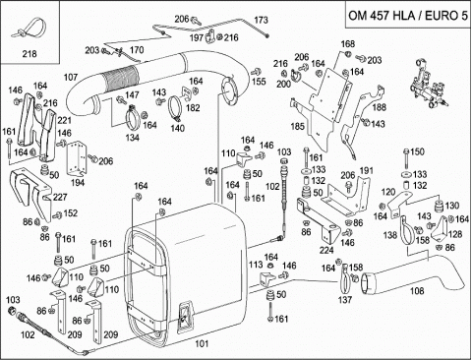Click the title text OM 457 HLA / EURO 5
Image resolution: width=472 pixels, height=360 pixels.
click(x=408, y=16)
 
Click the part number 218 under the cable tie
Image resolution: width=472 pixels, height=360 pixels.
click(x=29, y=54)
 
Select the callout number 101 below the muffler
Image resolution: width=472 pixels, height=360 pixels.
click(x=202, y=343)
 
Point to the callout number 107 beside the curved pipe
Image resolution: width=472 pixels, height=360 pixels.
click(x=71, y=78)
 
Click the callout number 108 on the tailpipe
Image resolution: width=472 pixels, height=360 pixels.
click(x=417, y=291)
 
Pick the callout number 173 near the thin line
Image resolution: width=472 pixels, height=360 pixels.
click(x=261, y=21)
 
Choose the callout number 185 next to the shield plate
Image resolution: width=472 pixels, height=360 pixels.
click(x=298, y=126)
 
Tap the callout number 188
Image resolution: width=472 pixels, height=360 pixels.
click(x=380, y=107)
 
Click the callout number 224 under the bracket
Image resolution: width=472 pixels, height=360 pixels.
click(x=326, y=250)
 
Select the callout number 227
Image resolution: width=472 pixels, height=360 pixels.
click(x=60, y=197)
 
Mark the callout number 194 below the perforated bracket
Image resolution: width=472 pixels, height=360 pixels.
click(x=78, y=183)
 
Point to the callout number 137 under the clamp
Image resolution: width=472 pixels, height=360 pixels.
click(x=345, y=299)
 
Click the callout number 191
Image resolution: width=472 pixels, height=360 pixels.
click(x=366, y=171)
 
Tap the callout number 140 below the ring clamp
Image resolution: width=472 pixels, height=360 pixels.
click(x=177, y=128)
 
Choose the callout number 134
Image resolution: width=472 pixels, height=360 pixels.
click(x=132, y=138)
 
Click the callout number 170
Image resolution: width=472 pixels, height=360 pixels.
click(x=137, y=50)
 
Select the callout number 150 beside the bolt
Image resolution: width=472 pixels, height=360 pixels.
click(x=417, y=151)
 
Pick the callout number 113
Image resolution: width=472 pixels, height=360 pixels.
click(x=256, y=265)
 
